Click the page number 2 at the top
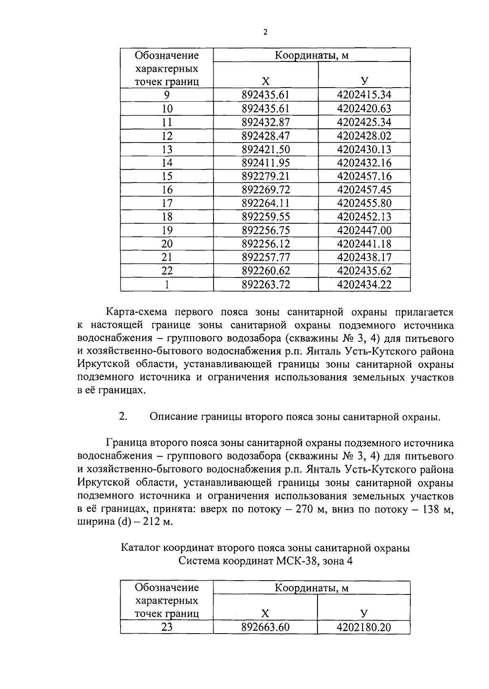[x=265, y=33]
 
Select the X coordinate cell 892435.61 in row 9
[x=265, y=95]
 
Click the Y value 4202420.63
[x=364, y=108]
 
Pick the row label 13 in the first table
[x=167, y=149]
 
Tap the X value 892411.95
[x=265, y=163]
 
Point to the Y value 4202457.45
[x=364, y=190]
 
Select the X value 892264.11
[x=265, y=203]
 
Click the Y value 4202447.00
[x=364, y=230]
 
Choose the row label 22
[x=167, y=271]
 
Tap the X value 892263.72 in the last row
[x=265, y=284]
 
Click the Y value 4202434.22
[x=364, y=284]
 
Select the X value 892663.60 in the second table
[x=265, y=627]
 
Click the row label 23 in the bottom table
[x=167, y=627]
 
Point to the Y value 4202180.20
[x=363, y=627]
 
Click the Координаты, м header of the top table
[x=311, y=55]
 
